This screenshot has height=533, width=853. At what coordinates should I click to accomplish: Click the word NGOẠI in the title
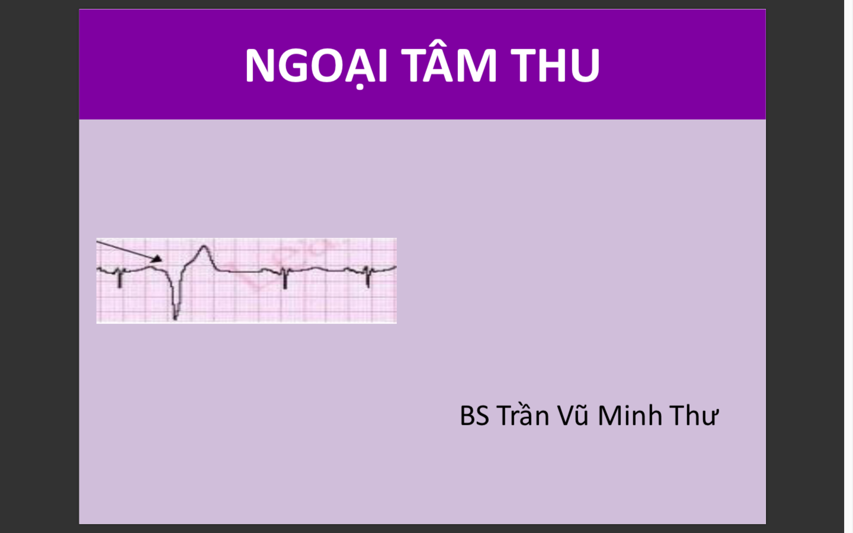[316, 65]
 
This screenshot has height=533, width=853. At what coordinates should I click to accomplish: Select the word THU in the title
[556, 65]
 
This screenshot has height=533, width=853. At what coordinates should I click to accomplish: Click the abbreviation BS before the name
[474, 416]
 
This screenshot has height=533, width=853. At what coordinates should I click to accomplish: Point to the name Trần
[523, 416]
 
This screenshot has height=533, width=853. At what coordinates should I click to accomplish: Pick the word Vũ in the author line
[573, 416]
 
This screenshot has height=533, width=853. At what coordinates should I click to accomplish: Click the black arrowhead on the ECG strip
[157, 258]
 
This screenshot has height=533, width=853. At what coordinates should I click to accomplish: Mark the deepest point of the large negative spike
[175, 318]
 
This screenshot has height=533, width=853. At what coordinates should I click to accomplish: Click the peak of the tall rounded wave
[204, 246]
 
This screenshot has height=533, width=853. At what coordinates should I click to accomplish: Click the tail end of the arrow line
[98, 242]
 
